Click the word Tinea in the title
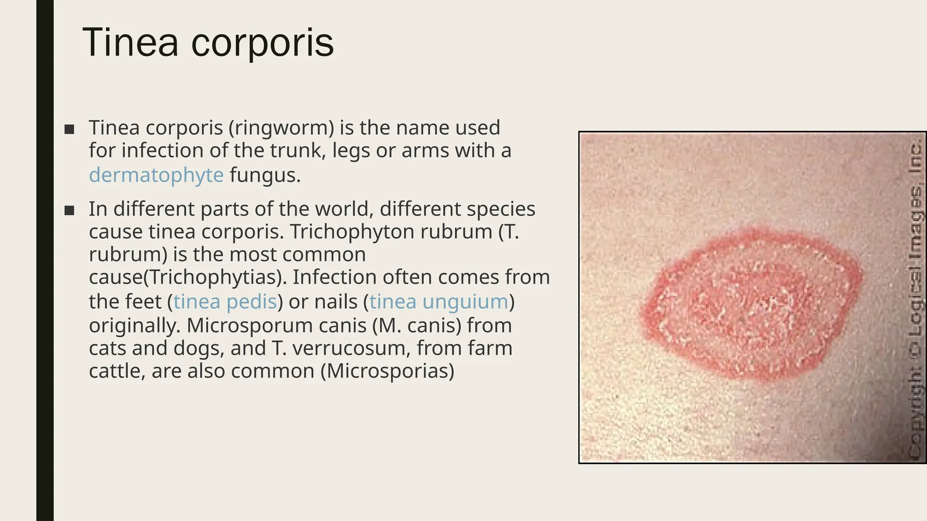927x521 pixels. pyautogui.click(x=130, y=43)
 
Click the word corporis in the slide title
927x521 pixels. pyautogui.click(x=263, y=43)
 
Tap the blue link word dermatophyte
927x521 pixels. pyautogui.click(x=156, y=175)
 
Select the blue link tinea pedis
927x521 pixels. pyautogui.click(x=225, y=302)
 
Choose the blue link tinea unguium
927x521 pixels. pyautogui.click(x=439, y=302)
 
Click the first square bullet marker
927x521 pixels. pyautogui.click(x=69, y=129)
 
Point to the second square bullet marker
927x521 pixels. pyautogui.click(x=69, y=210)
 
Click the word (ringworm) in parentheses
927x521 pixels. pyautogui.click(x=281, y=128)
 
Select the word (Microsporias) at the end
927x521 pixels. pyautogui.click(x=387, y=371)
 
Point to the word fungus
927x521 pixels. pyautogui.click(x=265, y=175)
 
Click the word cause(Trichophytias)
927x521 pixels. pyautogui.click(x=188, y=277)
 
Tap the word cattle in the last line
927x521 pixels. pyautogui.click(x=116, y=371)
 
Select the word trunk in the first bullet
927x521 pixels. pyautogui.click(x=298, y=151)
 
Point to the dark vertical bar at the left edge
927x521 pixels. pyautogui.click(x=45, y=260)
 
